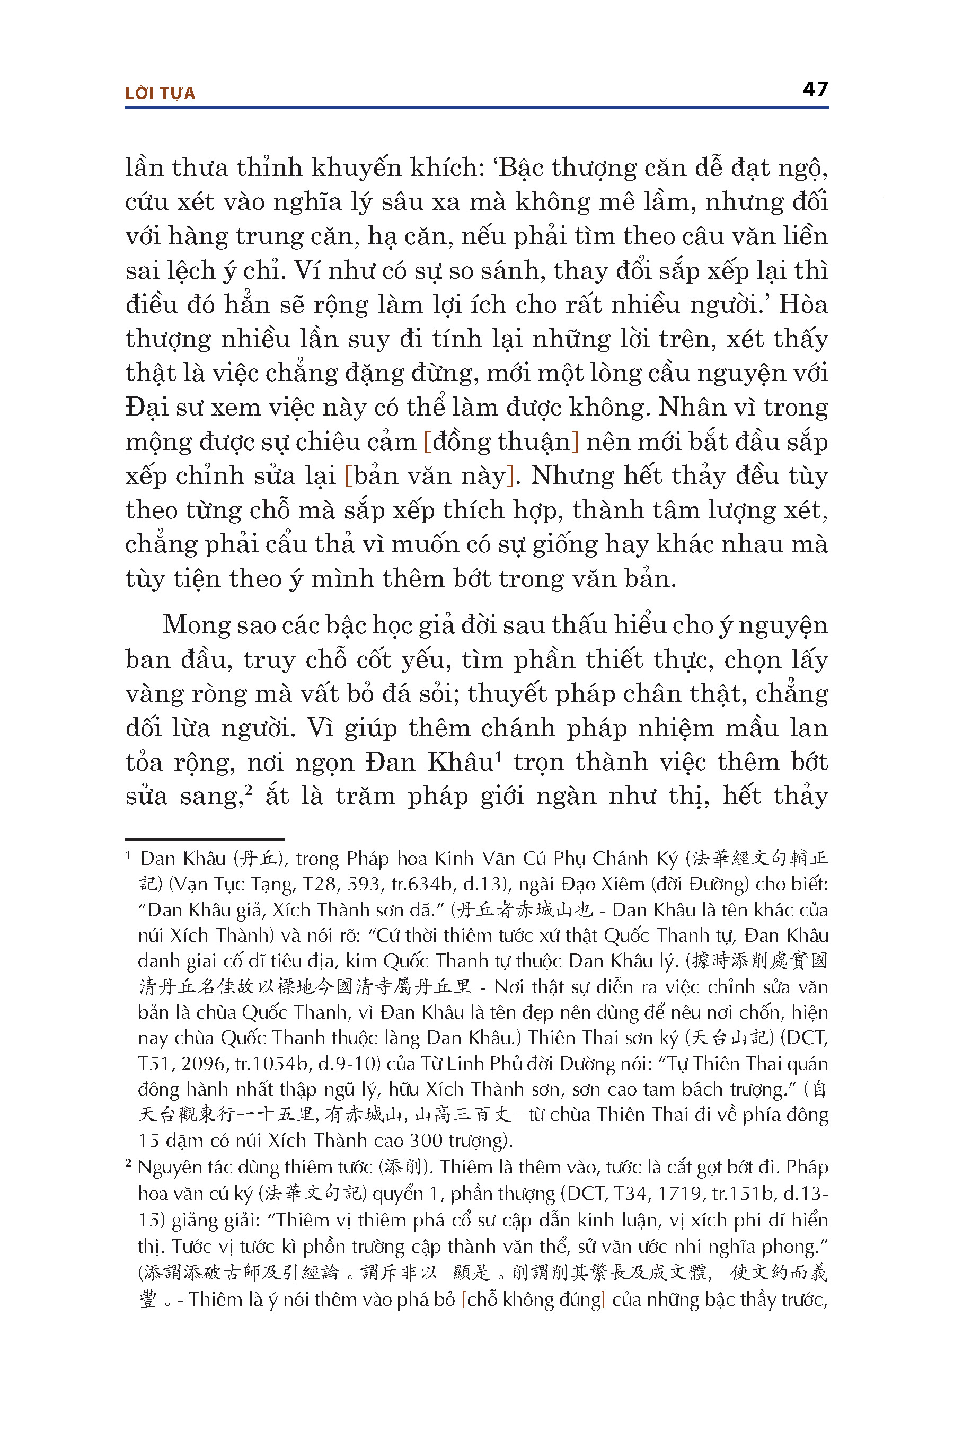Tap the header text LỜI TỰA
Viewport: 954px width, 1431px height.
(160, 93)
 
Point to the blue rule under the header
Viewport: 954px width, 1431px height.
(476, 108)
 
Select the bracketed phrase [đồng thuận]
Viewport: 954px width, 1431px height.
(501, 441)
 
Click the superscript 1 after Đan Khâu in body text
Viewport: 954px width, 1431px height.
(498, 756)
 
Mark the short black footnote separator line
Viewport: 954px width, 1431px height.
(205, 839)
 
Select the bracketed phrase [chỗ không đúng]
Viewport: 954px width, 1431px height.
(533, 1299)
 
